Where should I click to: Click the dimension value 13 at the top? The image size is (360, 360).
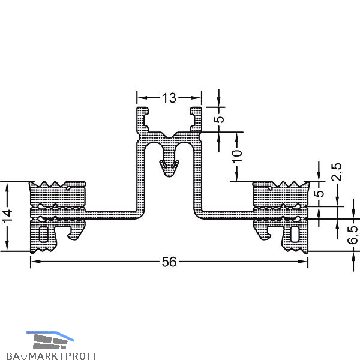coord(169,98)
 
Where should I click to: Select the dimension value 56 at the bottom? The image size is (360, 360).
coord(169,262)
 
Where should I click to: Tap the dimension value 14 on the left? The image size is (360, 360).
coord(7,216)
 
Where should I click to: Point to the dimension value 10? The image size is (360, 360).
coord(237,156)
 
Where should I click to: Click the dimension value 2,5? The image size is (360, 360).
coord(337,172)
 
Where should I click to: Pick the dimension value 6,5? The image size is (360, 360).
coord(353,235)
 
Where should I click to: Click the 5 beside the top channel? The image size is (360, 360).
coord(219,119)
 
